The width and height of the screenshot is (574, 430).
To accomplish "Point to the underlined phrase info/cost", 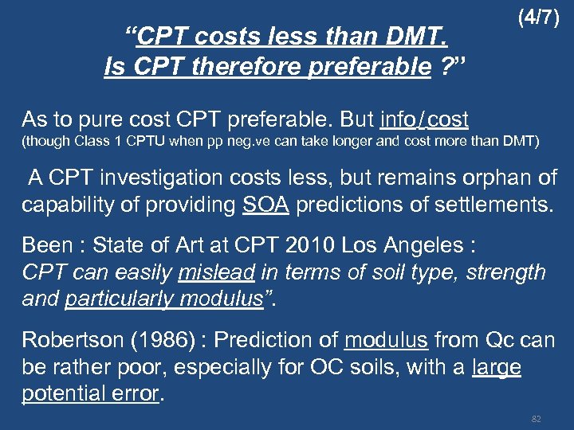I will [424, 119].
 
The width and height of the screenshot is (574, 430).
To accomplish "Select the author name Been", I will [45, 244].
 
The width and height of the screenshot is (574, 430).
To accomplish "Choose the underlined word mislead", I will [216, 272].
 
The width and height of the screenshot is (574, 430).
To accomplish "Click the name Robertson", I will [73, 341].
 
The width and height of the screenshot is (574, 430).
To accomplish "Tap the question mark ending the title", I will [449, 67].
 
